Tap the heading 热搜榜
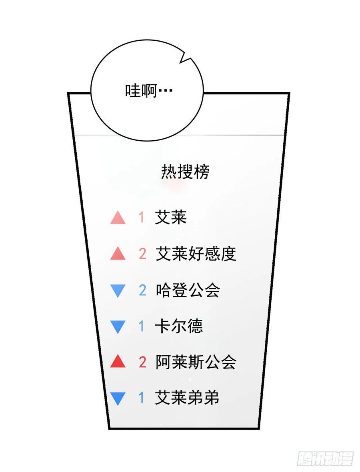[185, 172]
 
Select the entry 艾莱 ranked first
[171, 217]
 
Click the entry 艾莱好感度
[196, 254]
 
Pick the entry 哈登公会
[188, 290]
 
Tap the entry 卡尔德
[179, 326]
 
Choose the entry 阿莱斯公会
[196, 362]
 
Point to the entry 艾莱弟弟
[187, 398]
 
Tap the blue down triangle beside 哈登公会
[118, 291]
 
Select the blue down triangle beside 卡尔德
[118, 327]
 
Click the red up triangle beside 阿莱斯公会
[118, 362]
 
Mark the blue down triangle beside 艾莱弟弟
[118, 399]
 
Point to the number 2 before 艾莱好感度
[142, 254]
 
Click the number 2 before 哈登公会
[142, 290]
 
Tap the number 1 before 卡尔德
[141, 326]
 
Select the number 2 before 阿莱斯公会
[142, 362]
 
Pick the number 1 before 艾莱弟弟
[141, 398]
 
